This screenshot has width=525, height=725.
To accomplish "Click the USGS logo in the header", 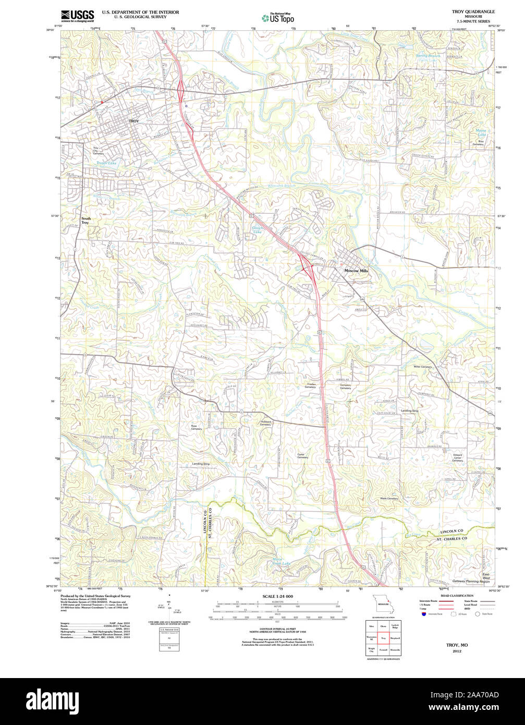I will click(x=77, y=15).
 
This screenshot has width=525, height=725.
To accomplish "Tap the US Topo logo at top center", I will click(x=278, y=18).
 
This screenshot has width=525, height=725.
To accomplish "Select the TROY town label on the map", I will click(x=134, y=121).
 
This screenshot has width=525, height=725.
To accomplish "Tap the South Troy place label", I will click(x=86, y=221).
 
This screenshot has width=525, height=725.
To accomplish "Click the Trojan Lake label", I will click(x=106, y=163).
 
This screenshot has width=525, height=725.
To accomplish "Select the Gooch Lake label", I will click(x=258, y=230).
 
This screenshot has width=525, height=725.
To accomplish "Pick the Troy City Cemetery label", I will click(x=99, y=151).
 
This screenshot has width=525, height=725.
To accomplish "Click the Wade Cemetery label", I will click(x=389, y=499).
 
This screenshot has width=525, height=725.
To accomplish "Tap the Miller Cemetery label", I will click(x=423, y=367).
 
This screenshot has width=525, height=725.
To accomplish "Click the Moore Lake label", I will click(x=481, y=132).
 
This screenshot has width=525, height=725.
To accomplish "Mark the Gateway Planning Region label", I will click(x=470, y=581).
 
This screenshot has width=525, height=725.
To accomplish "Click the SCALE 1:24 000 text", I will click(x=277, y=596).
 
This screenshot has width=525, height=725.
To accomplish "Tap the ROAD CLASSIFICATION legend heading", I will click(x=457, y=596).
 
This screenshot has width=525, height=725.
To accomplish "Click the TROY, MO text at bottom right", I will click(x=457, y=645).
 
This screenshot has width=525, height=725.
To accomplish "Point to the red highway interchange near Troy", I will click(x=180, y=89).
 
